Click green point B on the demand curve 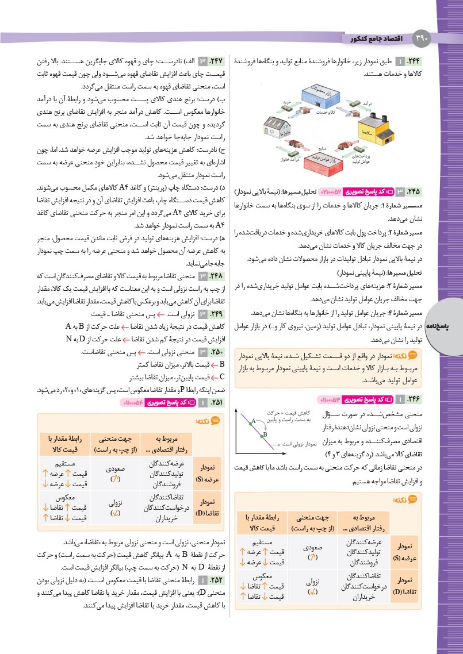(261, 435)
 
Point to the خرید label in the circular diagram (285, 102)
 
